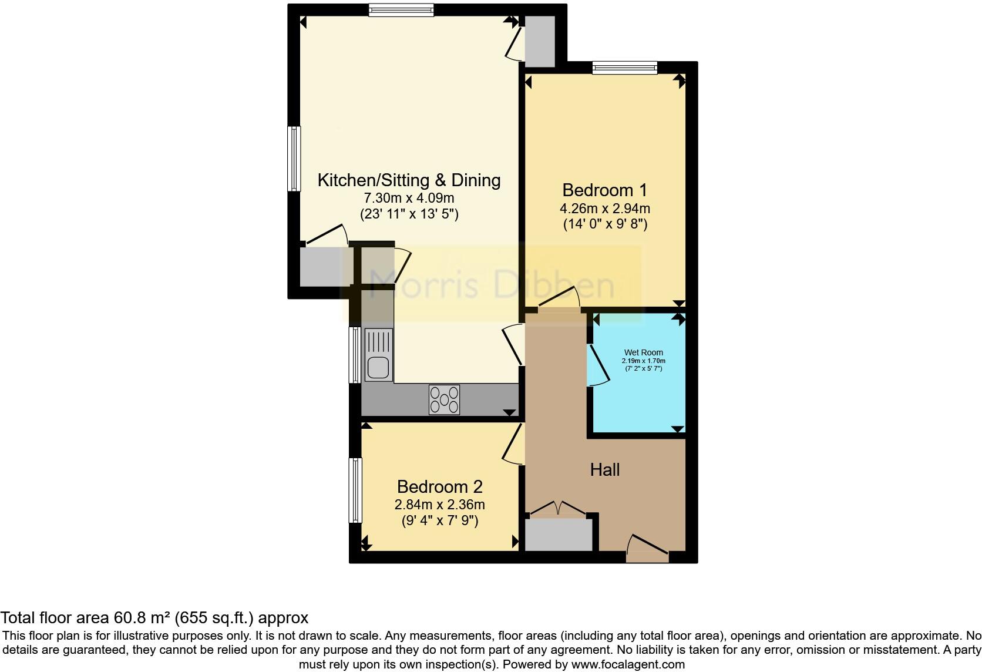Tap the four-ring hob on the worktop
(444, 399)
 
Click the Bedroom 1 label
(604, 190)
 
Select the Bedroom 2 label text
(439, 487)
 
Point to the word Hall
(605, 470)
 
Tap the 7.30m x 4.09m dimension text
(409, 198)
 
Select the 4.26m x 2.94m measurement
(605, 208)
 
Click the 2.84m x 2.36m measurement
(439, 505)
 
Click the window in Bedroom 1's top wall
(624, 68)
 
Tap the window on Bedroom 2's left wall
(355, 490)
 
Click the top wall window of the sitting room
(402, 9)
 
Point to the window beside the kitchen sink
(355, 355)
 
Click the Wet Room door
(598, 365)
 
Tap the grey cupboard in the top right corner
(539, 41)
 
